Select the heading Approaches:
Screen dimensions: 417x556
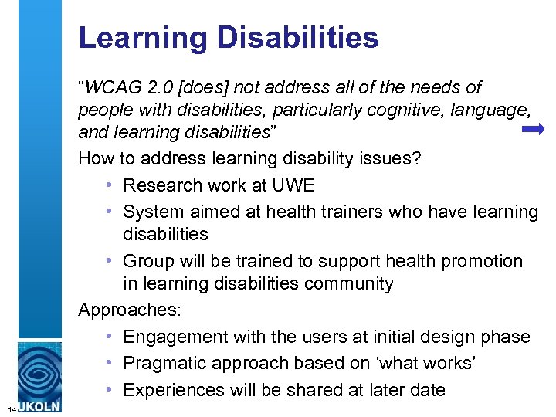(130, 310)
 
